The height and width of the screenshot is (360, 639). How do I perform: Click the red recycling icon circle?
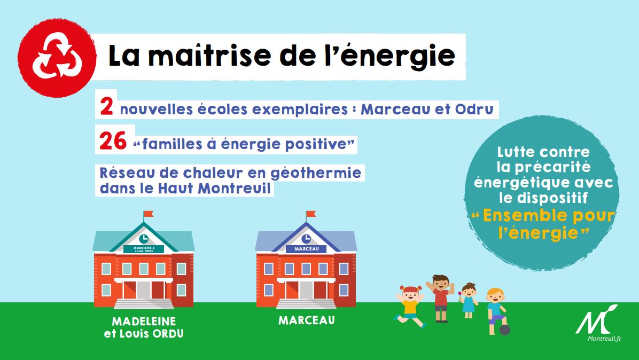tap(57, 58)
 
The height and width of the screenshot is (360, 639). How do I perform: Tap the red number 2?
tap(106, 107)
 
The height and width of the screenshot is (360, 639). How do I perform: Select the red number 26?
tap(113, 142)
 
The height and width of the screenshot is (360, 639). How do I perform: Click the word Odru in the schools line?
tap(474, 109)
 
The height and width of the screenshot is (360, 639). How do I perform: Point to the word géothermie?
tap(316, 174)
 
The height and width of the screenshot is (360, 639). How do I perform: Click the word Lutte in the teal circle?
tap(516, 152)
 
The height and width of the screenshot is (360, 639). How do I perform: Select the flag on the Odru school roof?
tap(149, 214)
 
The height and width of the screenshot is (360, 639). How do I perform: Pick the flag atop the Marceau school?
tap(311, 214)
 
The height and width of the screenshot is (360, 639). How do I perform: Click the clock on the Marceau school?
tap(306, 239)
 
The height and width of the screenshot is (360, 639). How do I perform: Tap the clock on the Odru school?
tap(143, 239)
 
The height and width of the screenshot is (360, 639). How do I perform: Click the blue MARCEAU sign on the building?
tap(306, 249)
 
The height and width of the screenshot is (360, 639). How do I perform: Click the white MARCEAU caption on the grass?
tap(307, 320)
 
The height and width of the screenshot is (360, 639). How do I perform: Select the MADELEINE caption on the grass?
tap(144, 322)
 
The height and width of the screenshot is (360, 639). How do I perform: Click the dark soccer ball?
tap(505, 330)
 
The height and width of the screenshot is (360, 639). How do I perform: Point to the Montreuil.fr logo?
tap(598, 323)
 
